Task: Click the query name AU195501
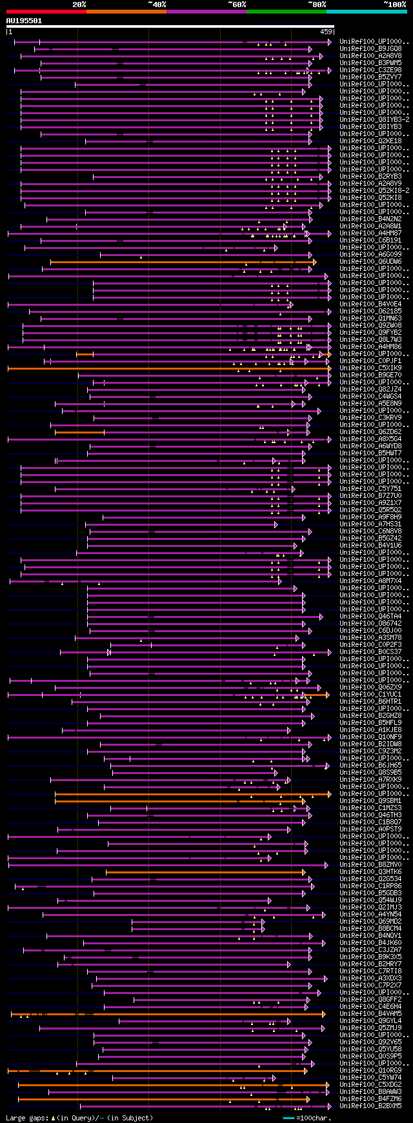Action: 24,21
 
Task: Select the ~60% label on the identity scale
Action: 237,5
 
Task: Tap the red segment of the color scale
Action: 46,11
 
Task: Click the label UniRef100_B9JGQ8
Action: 370,48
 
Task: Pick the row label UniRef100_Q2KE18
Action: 370,141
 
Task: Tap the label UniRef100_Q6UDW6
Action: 370,261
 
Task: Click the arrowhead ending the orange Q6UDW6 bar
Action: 314,262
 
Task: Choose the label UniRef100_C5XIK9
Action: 370,368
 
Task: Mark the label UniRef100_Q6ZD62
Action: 370,432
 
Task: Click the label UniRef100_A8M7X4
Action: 370,581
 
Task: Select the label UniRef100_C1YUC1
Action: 370,694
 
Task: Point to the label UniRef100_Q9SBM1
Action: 370,800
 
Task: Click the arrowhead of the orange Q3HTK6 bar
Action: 303,872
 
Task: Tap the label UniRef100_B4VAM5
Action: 370,1013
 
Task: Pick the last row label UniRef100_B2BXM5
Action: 370,1106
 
